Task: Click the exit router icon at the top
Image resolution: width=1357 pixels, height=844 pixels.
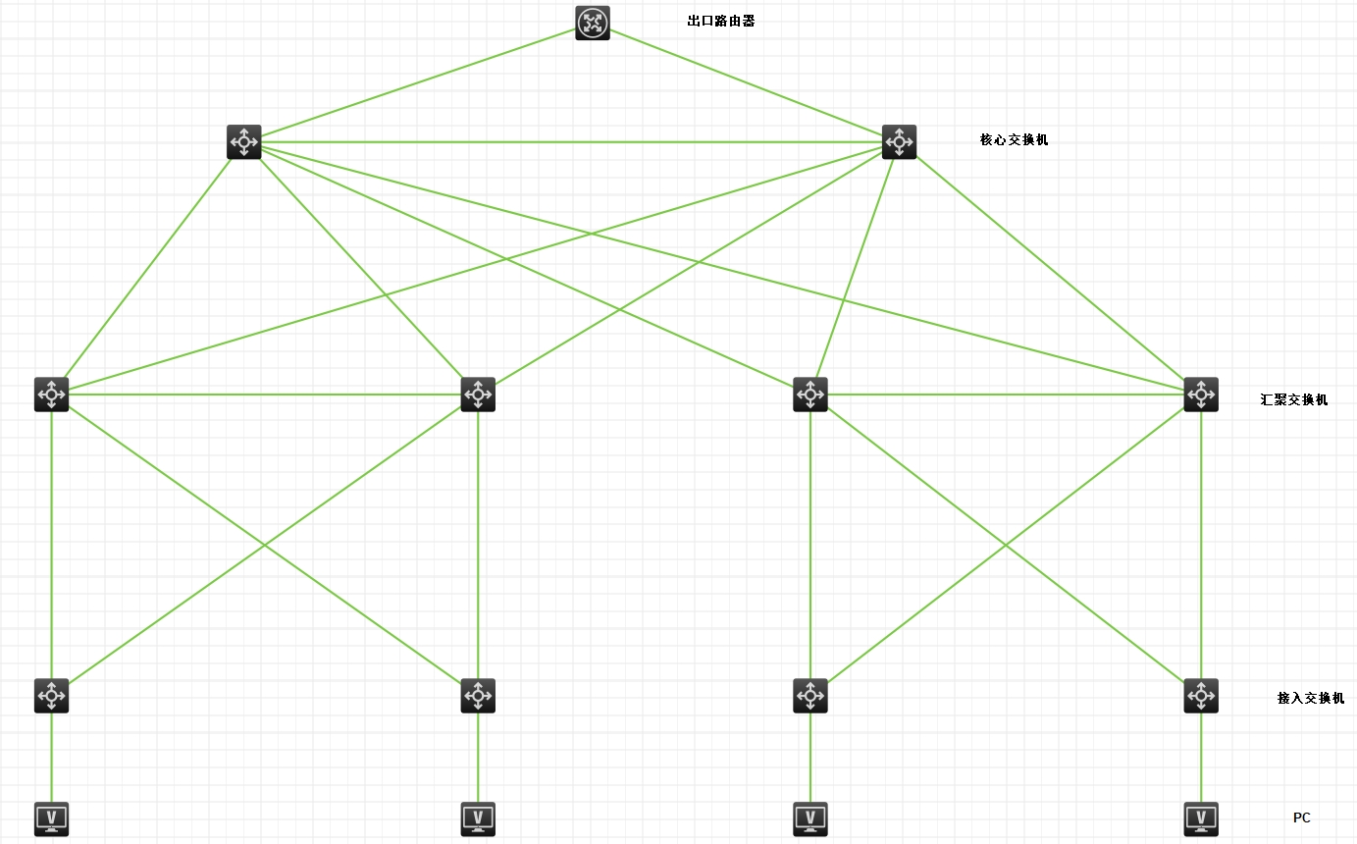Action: [592, 24]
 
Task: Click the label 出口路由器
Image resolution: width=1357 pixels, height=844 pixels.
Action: [721, 21]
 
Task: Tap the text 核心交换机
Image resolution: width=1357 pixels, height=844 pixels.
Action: [1014, 139]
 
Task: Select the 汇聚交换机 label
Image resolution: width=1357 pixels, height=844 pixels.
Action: [1293, 399]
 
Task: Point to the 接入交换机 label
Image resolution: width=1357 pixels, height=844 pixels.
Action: [1310, 698]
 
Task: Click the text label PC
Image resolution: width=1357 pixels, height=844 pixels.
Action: [1301, 818]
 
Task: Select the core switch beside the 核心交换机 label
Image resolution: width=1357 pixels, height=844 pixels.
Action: [899, 141]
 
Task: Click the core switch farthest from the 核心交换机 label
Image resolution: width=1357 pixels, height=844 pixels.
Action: [243, 141]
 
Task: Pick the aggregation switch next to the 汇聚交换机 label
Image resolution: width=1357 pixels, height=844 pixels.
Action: [1201, 395]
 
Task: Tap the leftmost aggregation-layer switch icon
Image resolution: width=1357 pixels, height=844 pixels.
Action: [51, 395]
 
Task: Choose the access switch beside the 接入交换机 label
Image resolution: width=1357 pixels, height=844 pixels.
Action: [1201, 696]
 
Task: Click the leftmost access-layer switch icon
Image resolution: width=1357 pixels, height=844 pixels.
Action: [51, 696]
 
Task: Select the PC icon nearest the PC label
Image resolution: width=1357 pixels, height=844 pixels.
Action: [1201, 818]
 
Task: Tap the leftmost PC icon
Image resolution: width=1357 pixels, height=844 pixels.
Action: [51, 818]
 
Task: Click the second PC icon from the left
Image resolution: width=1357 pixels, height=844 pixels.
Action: [478, 818]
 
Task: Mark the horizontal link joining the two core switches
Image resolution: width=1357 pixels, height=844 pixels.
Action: [569, 142]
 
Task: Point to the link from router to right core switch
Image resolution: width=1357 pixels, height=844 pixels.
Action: [746, 82]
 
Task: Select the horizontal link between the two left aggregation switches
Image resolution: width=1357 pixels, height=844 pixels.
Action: [265, 395]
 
